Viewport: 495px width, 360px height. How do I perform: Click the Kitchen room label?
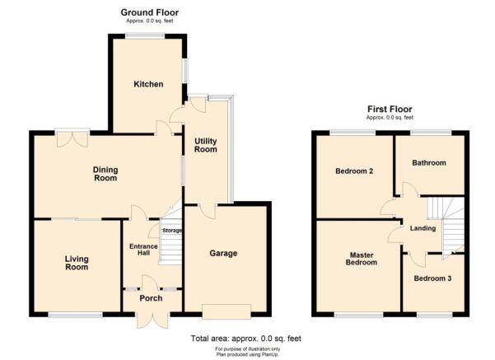click(x=149, y=84)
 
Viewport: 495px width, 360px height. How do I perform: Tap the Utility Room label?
click(x=205, y=145)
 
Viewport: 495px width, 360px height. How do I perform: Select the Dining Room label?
click(x=105, y=174)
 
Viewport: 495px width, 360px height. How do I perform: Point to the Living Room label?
click(x=77, y=262)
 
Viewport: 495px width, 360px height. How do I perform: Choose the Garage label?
click(x=223, y=254)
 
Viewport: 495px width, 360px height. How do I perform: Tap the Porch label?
click(x=150, y=298)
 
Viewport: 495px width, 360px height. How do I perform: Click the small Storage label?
click(x=170, y=231)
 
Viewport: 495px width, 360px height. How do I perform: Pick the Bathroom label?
click(x=429, y=163)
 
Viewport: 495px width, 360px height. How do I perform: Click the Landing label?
click(x=423, y=228)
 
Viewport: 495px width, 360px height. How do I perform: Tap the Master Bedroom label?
click(x=361, y=258)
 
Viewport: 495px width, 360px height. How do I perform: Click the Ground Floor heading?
click(x=149, y=12)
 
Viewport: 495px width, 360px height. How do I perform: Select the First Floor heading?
click(x=390, y=109)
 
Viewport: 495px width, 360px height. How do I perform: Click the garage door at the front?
click(x=227, y=311)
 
